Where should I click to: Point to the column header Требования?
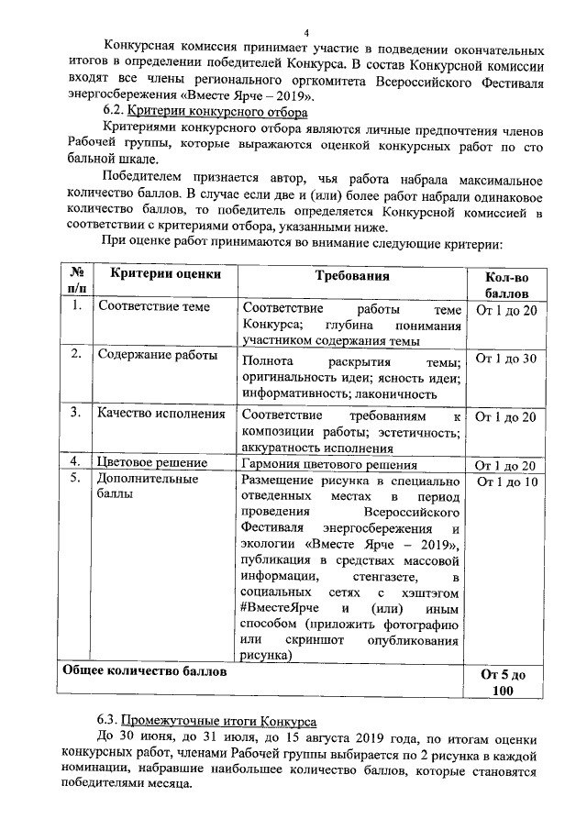(x=352, y=275)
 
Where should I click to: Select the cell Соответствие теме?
(x=154, y=308)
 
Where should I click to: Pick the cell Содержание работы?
(x=158, y=356)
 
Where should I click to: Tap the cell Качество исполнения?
(x=161, y=414)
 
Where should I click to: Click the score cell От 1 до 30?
(x=505, y=358)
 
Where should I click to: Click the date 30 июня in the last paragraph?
(x=148, y=738)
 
